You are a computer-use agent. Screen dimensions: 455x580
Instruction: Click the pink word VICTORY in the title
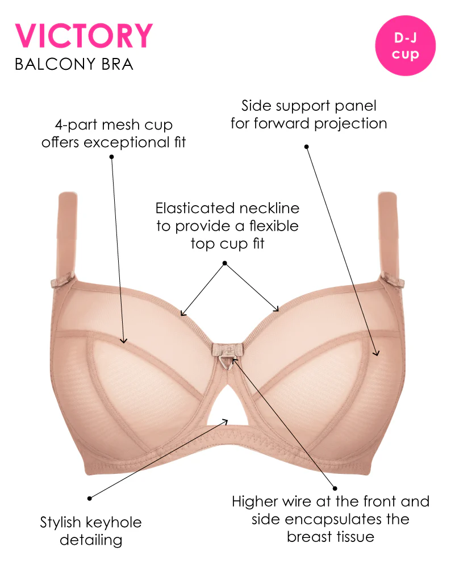point(84,36)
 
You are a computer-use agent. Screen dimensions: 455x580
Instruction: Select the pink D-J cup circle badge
point(406,45)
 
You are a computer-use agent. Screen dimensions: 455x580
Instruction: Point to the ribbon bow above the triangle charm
point(227,349)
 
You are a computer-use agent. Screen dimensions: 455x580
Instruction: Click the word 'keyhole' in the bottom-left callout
point(113,523)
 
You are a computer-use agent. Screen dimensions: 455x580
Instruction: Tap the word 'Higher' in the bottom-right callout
point(255,502)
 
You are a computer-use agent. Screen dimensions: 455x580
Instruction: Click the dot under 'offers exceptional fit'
point(111,157)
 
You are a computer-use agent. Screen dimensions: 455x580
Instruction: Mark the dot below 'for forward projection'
point(306,147)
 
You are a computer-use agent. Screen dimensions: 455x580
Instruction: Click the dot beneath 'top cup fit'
point(224,264)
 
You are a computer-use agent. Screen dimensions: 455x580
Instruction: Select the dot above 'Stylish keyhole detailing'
point(90,499)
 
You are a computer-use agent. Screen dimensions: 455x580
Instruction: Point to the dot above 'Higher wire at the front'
point(335,489)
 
